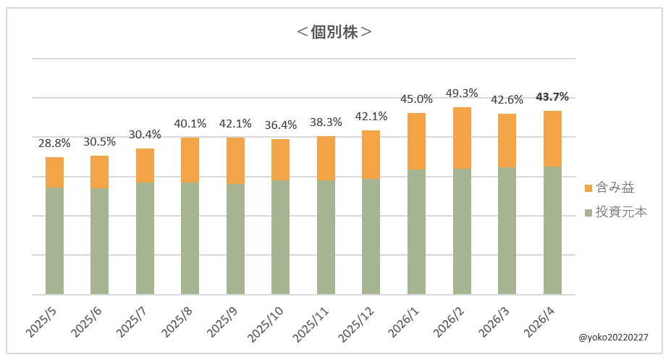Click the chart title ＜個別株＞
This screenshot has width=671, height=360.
[x=335, y=33]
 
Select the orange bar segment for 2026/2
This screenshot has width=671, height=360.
[x=462, y=138]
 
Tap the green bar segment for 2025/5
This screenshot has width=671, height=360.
[x=54, y=240]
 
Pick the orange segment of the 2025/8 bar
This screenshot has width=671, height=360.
[x=190, y=159]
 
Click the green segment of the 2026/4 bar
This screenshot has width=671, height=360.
[x=552, y=230]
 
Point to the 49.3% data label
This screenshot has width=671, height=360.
[x=462, y=93]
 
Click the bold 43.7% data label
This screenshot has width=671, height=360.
[x=552, y=97]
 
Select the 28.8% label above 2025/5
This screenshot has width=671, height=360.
[x=54, y=143]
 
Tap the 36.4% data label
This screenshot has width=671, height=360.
[x=281, y=125]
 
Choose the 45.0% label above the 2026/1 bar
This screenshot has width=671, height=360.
[x=416, y=99]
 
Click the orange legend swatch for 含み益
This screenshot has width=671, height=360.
[x=588, y=188]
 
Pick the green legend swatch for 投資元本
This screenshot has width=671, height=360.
[x=588, y=212]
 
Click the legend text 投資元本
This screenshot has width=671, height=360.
[x=621, y=212]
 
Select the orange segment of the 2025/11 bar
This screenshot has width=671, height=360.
[x=326, y=158]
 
